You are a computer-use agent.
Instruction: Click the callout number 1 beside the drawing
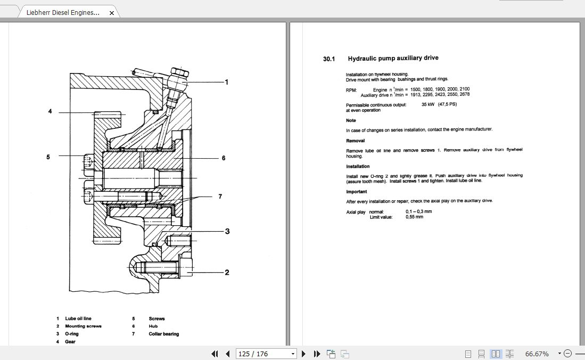point(227,82)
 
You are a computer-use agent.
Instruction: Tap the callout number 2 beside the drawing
point(227,273)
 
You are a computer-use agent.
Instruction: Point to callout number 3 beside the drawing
point(227,232)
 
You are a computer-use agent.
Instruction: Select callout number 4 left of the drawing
point(50,112)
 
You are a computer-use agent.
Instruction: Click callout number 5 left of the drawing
point(48,157)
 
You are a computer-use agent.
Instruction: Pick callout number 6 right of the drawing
point(224,158)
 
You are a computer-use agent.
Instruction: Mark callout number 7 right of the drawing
point(219,197)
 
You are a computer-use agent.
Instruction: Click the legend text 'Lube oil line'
point(78,318)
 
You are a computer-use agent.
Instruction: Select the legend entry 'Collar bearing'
point(163,334)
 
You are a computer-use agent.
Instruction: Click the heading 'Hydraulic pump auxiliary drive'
point(393,59)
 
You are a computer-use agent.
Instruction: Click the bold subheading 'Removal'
point(355,141)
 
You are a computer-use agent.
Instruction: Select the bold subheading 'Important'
point(357,192)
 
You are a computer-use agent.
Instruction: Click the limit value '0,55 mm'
point(415,217)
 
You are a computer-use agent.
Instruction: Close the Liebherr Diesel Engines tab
point(111,12)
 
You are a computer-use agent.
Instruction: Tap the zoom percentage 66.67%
point(537,354)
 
